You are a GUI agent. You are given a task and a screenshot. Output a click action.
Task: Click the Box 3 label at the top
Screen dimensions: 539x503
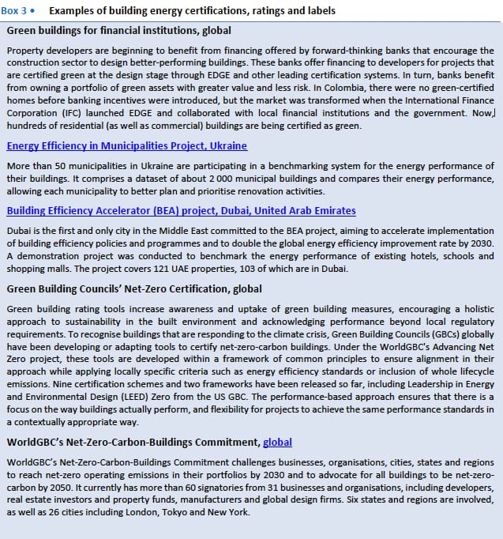pos(18,10)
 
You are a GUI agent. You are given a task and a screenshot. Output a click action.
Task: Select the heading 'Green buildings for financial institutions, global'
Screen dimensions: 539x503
pos(118,31)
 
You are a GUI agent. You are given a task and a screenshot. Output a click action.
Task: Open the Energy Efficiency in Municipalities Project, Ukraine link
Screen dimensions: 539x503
pos(126,146)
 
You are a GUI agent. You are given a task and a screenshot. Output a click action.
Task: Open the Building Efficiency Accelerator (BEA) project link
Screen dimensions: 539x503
pos(181,211)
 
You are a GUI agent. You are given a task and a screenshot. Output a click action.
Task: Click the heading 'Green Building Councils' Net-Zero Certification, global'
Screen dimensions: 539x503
pos(134,289)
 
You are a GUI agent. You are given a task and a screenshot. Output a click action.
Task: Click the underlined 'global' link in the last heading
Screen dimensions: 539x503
pos(277,443)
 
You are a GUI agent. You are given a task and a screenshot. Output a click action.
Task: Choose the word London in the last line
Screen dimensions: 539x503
pos(145,512)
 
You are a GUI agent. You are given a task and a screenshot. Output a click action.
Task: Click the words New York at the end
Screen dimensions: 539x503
pos(232,512)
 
